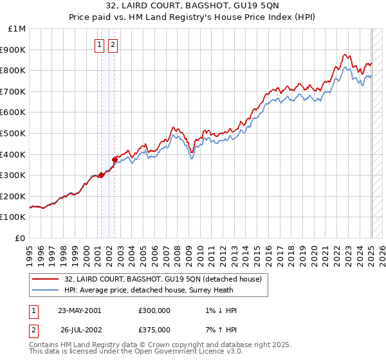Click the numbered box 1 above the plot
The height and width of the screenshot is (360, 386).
click(x=100, y=45)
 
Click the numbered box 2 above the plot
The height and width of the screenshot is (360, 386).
click(x=113, y=45)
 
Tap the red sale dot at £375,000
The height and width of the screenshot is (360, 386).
click(x=115, y=159)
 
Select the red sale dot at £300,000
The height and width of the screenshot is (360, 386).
click(x=101, y=175)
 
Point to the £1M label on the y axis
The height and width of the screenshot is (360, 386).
click(x=17, y=29)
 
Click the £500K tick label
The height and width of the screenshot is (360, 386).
click(x=14, y=134)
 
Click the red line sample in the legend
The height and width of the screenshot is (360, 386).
click(x=45, y=280)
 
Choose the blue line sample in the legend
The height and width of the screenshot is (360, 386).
click(x=45, y=290)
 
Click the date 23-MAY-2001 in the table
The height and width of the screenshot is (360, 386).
click(x=79, y=310)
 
